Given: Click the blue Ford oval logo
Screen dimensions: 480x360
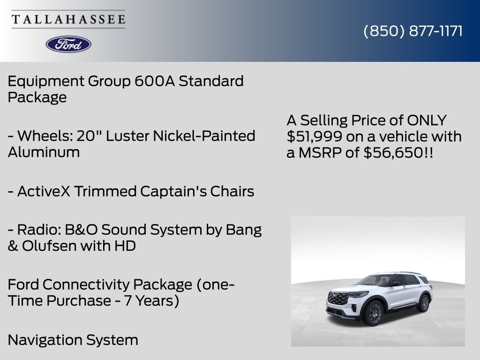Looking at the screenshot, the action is coord(68,45).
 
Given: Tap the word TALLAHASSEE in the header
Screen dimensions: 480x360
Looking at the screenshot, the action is coord(68,19).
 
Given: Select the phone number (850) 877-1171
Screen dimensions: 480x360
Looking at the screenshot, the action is coord(413,31).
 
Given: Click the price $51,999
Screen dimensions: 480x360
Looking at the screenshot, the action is coord(315,136).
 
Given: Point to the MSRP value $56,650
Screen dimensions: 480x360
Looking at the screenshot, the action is coord(394,152).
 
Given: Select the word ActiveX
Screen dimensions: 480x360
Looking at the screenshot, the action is coord(44,191).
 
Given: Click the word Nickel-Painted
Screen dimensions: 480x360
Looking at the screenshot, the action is coord(204,136).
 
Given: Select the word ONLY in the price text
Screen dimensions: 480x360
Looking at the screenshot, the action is coord(427,120).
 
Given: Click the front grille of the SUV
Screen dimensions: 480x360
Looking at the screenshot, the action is coord(337,298).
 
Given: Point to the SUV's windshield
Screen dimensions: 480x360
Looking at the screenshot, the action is coord(374,281).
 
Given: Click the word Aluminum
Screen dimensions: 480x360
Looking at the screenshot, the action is coord(44,152).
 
